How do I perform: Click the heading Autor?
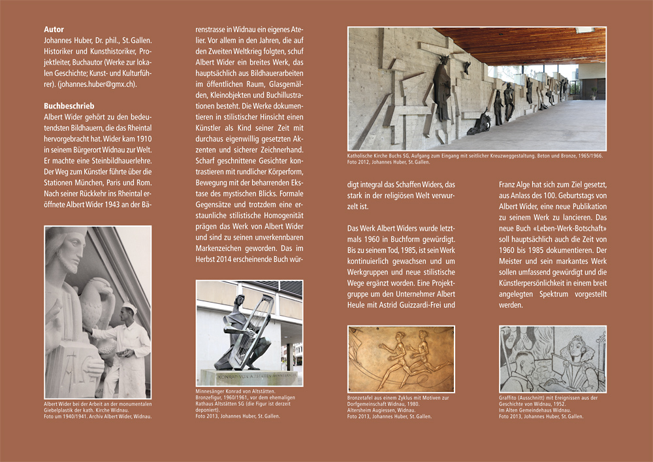click(x=54, y=29)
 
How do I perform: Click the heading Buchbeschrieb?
click(x=69, y=106)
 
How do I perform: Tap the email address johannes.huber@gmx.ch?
click(x=98, y=84)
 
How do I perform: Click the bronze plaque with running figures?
click(x=401, y=359)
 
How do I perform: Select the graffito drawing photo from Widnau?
click(x=552, y=359)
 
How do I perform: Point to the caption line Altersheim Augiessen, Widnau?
click(x=382, y=410)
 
